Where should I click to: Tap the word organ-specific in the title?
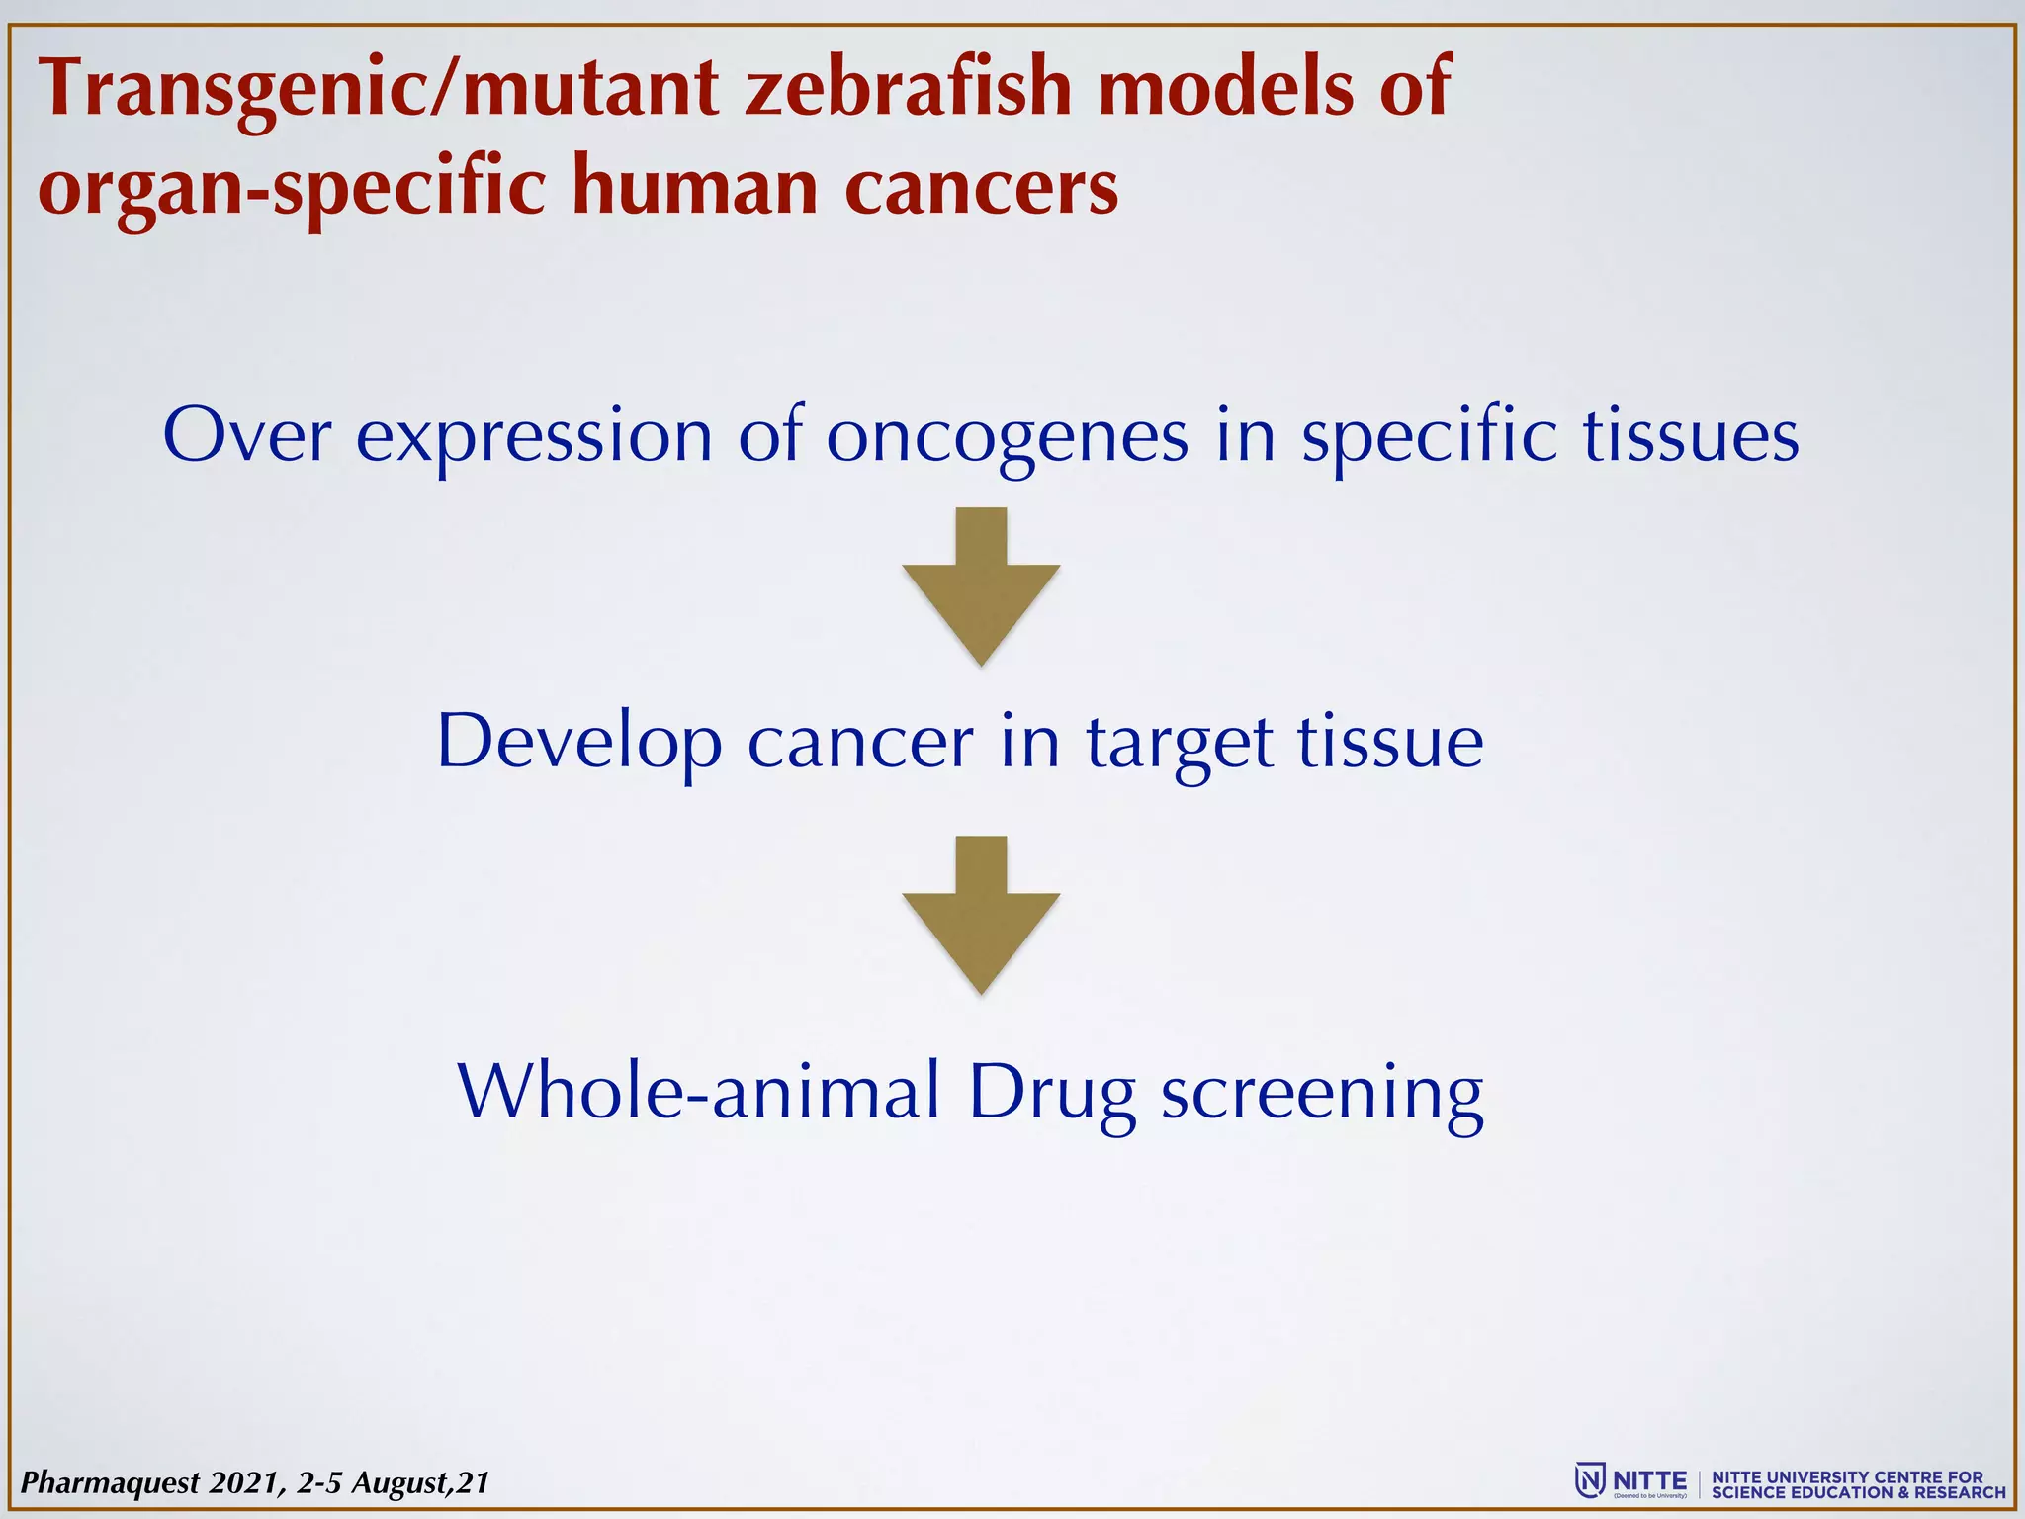(292, 188)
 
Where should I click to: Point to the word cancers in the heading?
(981, 188)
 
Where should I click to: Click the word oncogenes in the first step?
(1007, 436)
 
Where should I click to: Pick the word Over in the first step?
(246, 436)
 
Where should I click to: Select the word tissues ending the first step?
(1691, 436)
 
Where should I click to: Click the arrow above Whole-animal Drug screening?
(981, 914)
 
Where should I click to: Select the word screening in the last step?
(1322, 1094)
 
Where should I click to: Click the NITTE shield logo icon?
(1590, 1480)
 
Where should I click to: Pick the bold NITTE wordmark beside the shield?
(1649, 1480)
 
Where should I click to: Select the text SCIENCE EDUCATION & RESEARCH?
(1859, 1492)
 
